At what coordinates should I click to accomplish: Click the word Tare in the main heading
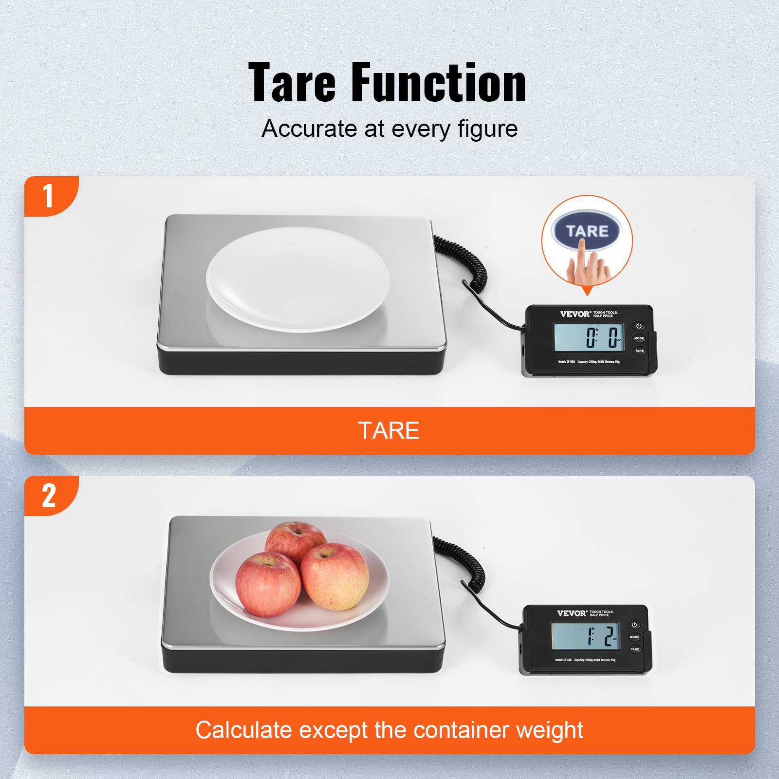click(x=292, y=83)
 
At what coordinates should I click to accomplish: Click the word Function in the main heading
click(x=438, y=83)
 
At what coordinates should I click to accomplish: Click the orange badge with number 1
click(x=49, y=196)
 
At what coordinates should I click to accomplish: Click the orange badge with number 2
click(x=49, y=496)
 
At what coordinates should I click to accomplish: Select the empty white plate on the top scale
click(x=297, y=279)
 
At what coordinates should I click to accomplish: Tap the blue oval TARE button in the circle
click(x=587, y=231)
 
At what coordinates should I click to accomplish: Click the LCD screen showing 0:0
click(x=588, y=337)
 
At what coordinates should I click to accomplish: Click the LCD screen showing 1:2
click(x=585, y=636)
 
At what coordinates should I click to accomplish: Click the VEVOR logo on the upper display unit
click(x=575, y=314)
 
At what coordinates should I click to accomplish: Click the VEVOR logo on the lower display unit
click(x=572, y=613)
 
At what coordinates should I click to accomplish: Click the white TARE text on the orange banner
click(x=389, y=430)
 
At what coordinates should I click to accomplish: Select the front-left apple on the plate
click(x=267, y=584)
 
